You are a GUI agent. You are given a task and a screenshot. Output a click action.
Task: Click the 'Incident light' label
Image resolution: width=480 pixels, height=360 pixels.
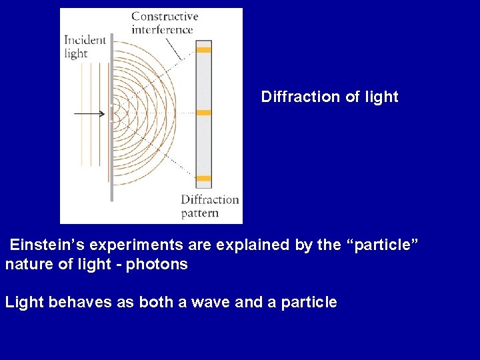pyautogui.click(x=85, y=47)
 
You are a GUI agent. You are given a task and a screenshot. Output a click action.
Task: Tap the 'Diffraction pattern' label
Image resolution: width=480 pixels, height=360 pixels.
pyautogui.click(x=209, y=206)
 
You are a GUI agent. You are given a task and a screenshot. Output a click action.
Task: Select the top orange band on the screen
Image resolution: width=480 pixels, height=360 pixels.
pyautogui.click(x=203, y=50)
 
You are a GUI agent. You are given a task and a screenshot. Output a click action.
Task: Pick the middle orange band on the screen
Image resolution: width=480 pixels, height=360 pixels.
pyautogui.click(x=203, y=113)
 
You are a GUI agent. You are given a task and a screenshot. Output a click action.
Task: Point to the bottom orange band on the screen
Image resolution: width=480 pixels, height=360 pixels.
pyautogui.click(x=203, y=178)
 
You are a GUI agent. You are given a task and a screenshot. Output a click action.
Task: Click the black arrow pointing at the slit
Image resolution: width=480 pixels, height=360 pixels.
pyautogui.click(x=89, y=113)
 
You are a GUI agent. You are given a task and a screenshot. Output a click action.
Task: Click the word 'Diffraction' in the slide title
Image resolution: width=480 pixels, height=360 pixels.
pyautogui.click(x=300, y=97)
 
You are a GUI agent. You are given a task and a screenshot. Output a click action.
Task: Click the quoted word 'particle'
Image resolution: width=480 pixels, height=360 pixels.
pyautogui.click(x=383, y=245)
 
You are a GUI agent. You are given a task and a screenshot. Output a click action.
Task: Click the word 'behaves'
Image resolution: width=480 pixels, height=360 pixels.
pyautogui.click(x=73, y=302)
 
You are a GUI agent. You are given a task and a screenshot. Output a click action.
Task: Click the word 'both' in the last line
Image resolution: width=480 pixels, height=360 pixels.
pyautogui.click(x=155, y=302)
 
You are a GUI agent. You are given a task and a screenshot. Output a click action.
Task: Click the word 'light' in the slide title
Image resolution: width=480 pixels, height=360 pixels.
pyautogui.click(x=381, y=97)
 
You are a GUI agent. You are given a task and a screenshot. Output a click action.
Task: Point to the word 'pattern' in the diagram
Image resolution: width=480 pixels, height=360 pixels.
pyautogui.click(x=200, y=213)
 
